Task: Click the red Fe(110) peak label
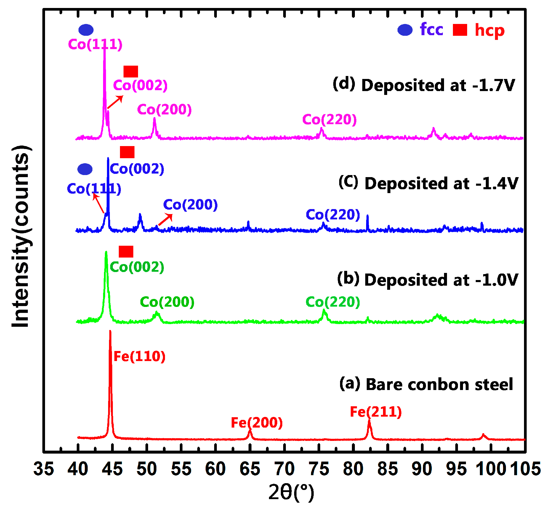[139, 356]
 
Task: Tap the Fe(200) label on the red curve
[257, 423]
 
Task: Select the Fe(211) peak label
[376, 412]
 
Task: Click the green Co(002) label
[137, 267]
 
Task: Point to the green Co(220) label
[333, 302]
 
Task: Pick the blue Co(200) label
[190, 205]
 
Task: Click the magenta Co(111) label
[95, 44]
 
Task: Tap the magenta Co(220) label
[329, 120]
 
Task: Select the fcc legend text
[431, 30]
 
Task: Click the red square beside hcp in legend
[460, 30]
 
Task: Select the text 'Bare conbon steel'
[439, 384]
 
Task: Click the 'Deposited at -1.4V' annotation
[441, 184]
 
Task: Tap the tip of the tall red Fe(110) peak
[110, 331]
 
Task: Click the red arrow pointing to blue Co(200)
[165, 220]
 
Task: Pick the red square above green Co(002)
[126, 252]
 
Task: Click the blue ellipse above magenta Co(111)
[86, 30]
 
